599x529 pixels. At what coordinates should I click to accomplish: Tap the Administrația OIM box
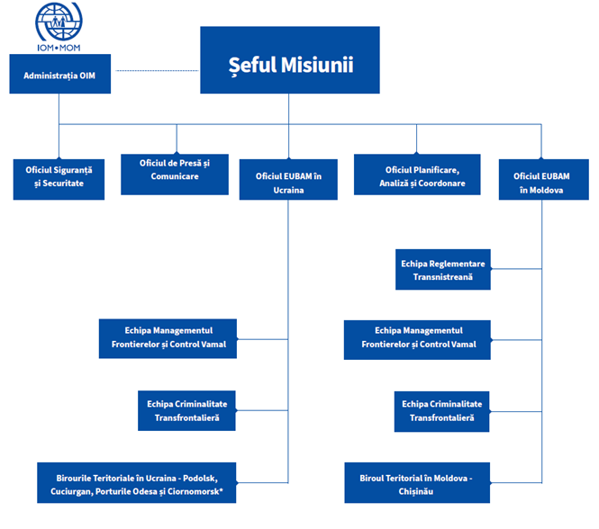tap(59, 75)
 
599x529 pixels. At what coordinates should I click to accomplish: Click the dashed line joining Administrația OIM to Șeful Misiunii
tap(157, 69)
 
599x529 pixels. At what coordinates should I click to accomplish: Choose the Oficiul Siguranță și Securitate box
tap(59, 177)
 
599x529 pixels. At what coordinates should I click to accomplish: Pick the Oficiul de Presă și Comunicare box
tap(176, 170)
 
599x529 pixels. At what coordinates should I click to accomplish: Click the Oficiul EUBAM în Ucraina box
tap(288, 183)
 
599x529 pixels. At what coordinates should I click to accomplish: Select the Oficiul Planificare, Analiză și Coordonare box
tap(417, 176)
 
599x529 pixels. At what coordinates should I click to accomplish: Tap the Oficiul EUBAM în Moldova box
tap(541, 183)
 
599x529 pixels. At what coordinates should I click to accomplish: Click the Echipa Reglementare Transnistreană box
tap(443, 269)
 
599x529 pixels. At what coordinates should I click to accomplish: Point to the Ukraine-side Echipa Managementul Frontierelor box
tap(168, 337)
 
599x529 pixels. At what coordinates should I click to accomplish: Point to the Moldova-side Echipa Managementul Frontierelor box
tap(417, 337)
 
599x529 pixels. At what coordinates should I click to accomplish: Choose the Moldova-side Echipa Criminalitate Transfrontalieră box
tap(442, 410)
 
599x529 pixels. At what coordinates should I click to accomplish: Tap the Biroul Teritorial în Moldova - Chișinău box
tap(417, 482)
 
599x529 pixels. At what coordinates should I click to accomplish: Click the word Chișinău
tap(417, 491)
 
